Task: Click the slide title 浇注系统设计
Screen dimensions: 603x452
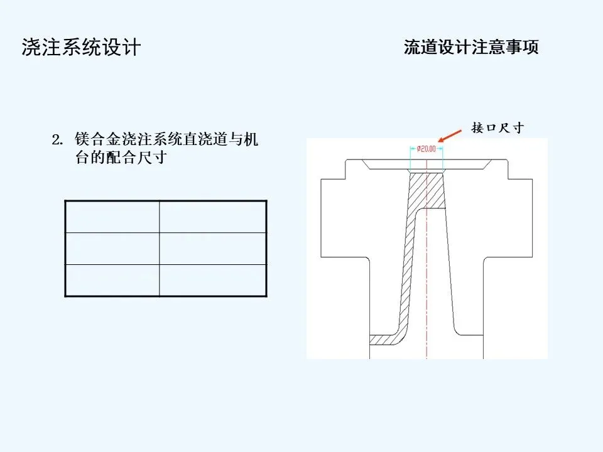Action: click(x=81, y=48)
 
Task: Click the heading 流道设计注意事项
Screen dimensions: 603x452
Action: click(x=471, y=48)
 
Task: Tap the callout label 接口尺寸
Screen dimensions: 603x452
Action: click(x=497, y=128)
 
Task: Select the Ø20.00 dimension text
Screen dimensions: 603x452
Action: click(x=426, y=149)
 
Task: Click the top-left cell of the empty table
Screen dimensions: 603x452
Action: click(x=112, y=217)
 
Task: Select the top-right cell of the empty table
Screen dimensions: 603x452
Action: click(x=213, y=217)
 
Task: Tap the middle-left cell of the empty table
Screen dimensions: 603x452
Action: click(x=112, y=249)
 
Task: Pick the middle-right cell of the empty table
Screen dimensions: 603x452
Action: click(x=213, y=249)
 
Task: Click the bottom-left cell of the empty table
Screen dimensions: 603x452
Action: click(x=112, y=280)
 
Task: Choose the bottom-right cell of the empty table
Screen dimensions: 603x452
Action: click(x=213, y=280)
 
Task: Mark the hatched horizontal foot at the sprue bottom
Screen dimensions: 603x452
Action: click(x=383, y=339)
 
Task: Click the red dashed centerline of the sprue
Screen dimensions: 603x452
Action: click(x=426, y=282)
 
